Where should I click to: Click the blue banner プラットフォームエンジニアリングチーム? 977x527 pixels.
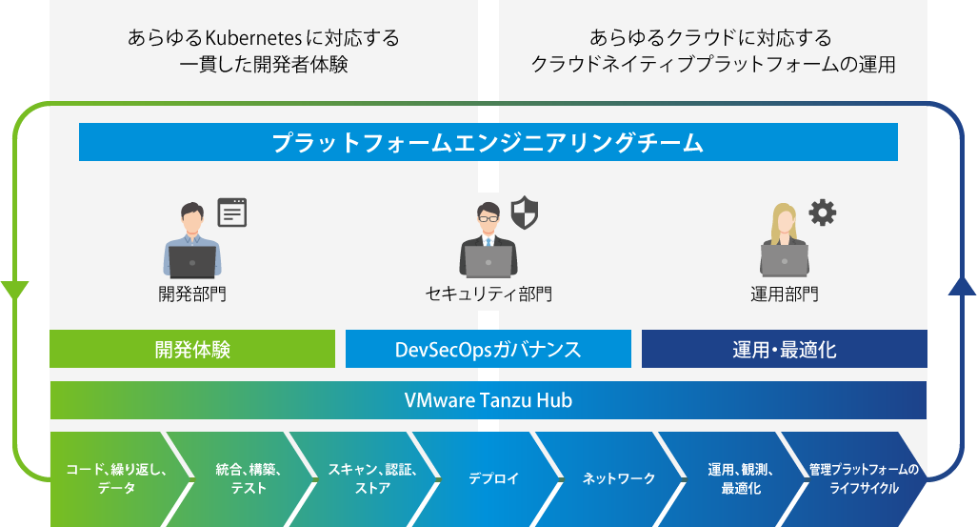point(488,142)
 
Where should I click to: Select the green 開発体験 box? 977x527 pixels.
point(192,349)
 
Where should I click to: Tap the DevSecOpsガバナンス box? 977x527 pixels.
point(488,349)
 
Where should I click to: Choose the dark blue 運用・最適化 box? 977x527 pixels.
point(784,349)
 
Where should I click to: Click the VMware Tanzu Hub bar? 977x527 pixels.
point(488,399)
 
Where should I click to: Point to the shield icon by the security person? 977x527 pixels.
point(524,213)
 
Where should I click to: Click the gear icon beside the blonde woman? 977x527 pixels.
point(823,213)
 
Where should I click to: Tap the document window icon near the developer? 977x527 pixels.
point(231,213)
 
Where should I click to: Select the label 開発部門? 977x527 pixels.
point(192,294)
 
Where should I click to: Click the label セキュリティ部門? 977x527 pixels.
point(488,294)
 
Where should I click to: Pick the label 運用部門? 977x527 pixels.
point(784,294)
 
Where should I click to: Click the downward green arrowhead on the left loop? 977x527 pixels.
point(14,290)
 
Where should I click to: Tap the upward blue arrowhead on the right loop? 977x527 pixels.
point(962,286)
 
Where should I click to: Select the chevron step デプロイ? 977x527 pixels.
point(492,479)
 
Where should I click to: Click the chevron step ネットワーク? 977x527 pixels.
point(617,479)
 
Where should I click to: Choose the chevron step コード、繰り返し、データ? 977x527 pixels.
point(116,479)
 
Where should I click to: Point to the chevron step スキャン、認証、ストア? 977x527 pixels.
point(371,479)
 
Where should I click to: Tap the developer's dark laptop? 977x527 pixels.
point(192,262)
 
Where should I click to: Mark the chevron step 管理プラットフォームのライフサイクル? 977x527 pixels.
point(863,479)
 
